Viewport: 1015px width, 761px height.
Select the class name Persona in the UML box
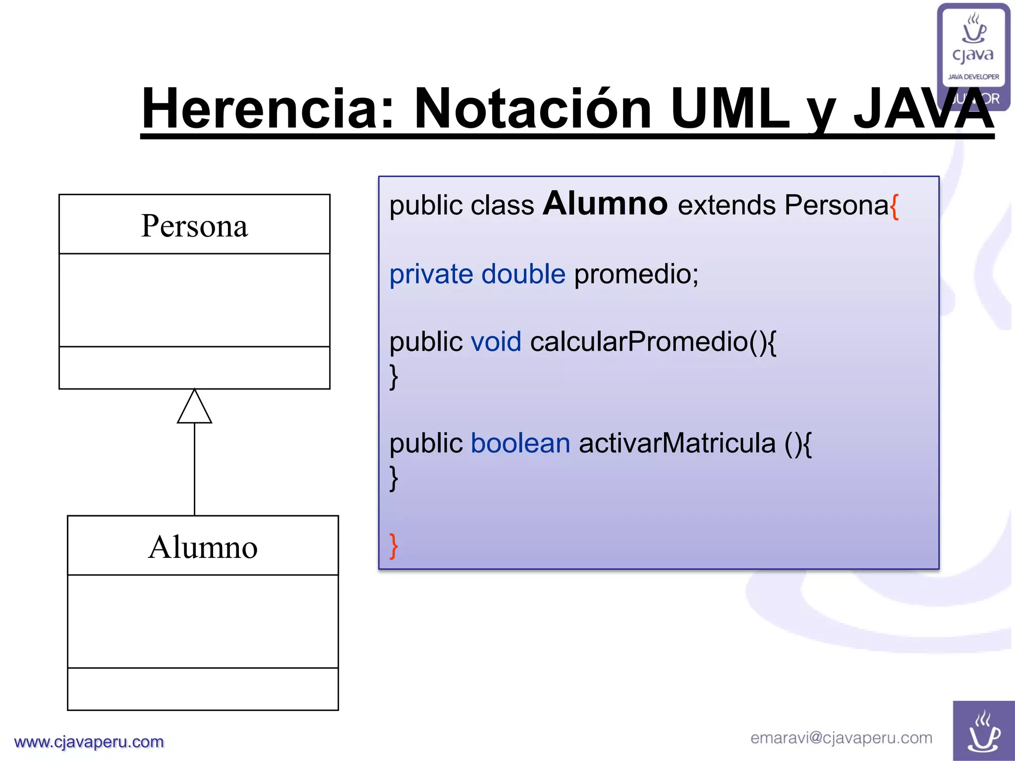[x=194, y=226]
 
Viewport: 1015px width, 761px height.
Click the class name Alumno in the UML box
[x=203, y=547]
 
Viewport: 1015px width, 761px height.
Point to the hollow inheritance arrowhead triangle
[x=194, y=408]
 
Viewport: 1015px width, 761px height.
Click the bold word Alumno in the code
[x=605, y=204]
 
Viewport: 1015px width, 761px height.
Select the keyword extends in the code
[x=727, y=205]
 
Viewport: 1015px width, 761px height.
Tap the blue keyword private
[x=431, y=274]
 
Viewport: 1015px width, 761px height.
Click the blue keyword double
[x=523, y=274]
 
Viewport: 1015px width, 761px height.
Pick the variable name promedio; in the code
[x=636, y=274]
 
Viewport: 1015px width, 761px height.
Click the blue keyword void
[x=496, y=342]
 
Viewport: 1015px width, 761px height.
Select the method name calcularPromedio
[x=639, y=342]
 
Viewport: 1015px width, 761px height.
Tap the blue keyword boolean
[x=520, y=443]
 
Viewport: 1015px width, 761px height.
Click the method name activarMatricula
[x=677, y=443]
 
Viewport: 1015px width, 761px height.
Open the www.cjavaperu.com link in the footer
[x=89, y=742]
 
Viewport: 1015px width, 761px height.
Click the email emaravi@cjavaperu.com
[x=841, y=738]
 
